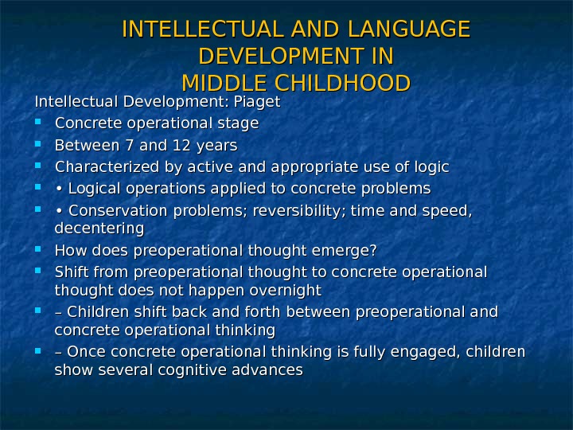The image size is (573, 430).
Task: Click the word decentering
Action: pyautogui.click(x=99, y=229)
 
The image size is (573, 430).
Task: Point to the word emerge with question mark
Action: pyautogui.click(x=346, y=251)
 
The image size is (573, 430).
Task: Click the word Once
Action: pyautogui.click(x=85, y=352)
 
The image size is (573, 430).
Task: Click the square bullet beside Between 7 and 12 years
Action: pyautogui.click(x=40, y=145)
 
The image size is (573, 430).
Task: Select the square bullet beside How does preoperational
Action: pyautogui.click(x=40, y=250)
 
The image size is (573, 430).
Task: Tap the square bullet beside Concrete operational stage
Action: pyautogui.click(x=40, y=123)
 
